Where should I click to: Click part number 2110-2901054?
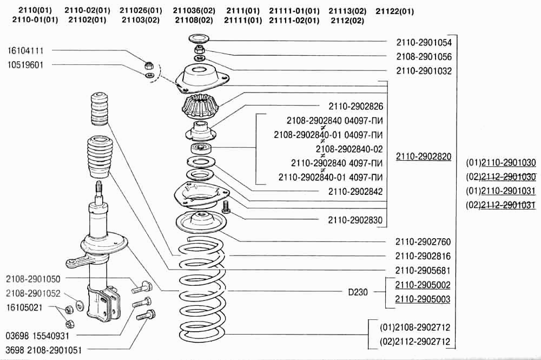(x=424, y=42)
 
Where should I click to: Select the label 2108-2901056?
(x=424, y=56)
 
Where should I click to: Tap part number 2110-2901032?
(x=424, y=70)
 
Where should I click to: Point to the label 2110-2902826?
(x=355, y=106)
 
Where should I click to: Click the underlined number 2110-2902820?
(x=424, y=156)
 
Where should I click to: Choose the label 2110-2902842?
(x=355, y=191)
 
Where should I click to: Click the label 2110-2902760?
(x=424, y=241)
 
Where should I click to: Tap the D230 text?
(x=358, y=292)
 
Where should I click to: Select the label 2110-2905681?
(x=424, y=270)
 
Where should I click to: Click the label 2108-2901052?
(x=34, y=293)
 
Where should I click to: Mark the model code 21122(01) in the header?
(x=395, y=11)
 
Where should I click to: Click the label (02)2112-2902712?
(x=415, y=342)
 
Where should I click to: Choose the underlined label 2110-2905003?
(x=424, y=299)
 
